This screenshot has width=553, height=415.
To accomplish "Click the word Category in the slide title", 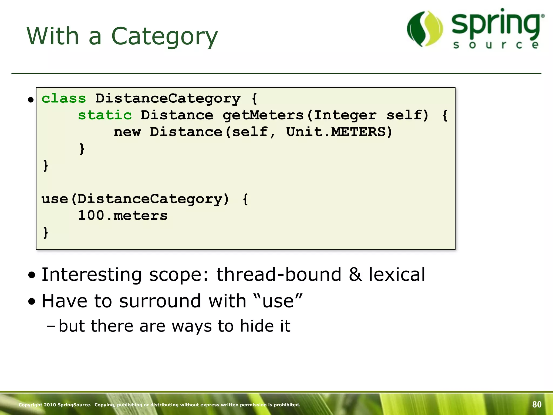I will tap(164, 36).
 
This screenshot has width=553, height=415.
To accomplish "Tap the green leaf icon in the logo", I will tap(425, 29).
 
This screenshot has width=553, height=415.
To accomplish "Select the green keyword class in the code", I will tap(64, 98).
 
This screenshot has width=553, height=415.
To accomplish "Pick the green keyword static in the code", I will tap(105, 115).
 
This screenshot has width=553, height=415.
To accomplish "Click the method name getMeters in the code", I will tap(263, 115).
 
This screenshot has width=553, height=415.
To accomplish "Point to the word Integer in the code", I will tap(345, 115).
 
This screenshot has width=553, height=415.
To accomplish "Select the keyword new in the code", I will tap(127, 132).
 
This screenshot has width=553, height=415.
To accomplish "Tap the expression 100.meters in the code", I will tap(123, 216).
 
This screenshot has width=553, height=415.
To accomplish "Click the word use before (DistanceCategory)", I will tap(55, 199).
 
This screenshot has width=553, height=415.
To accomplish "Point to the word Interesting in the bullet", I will tap(92, 275).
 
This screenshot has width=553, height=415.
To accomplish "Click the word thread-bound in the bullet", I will tap(279, 275).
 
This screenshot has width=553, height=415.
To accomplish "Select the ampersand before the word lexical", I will tap(355, 275).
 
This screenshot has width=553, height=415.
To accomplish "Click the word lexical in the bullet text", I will tap(397, 275).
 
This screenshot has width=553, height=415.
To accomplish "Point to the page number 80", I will tap(537, 404).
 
